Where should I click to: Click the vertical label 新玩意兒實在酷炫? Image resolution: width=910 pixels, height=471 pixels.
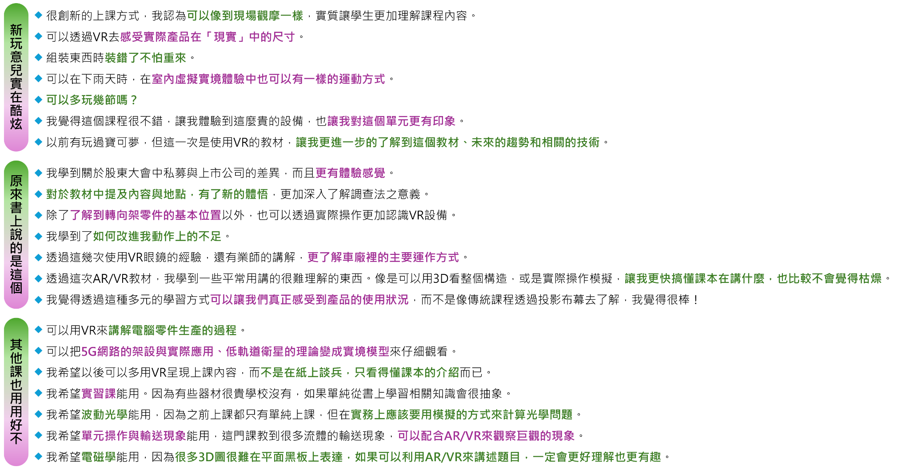click(x=16, y=77)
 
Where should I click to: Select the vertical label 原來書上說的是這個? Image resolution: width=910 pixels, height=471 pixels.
click(x=16, y=234)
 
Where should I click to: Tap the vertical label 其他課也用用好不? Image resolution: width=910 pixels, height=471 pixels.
click(x=16, y=392)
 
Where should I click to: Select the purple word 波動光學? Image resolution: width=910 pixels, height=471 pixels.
click(x=104, y=415)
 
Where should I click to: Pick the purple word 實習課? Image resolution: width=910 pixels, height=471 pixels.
click(x=99, y=394)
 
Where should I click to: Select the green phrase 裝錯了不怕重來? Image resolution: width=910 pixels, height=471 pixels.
click(x=145, y=58)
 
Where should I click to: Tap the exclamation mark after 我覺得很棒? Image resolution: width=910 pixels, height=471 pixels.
click(x=695, y=300)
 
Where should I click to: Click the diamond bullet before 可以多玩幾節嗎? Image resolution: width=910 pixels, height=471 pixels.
click(x=39, y=100)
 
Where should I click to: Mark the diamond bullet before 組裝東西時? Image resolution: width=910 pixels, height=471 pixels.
click(x=39, y=57)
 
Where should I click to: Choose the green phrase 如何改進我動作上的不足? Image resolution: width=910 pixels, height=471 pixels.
click(x=157, y=236)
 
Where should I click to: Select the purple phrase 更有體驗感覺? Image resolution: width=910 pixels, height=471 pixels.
click(x=350, y=173)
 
